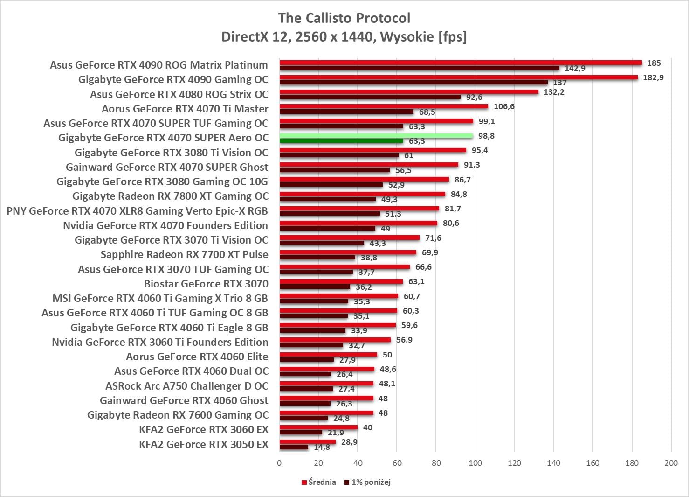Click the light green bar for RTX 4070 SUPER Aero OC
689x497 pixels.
[x=376, y=136]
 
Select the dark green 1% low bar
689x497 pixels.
[x=341, y=141]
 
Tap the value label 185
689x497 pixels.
[x=654, y=63]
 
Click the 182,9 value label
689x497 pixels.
[x=653, y=77]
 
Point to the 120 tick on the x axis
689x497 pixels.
[x=514, y=463]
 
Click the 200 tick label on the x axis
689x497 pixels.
[x=671, y=463]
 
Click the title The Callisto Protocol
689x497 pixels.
[x=344, y=18]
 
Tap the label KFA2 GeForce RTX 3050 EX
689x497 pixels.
[x=204, y=444]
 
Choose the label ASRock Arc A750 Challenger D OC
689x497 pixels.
[x=187, y=386]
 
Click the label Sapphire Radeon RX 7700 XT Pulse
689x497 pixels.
[x=185, y=254]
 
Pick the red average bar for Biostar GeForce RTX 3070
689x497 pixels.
[x=341, y=281]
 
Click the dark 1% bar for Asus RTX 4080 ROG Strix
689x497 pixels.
[x=370, y=97]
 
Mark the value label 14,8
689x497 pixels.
[x=322, y=447]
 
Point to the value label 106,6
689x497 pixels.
[x=504, y=106]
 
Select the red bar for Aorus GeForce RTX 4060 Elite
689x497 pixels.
[x=328, y=355]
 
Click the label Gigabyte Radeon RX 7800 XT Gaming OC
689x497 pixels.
[x=170, y=196]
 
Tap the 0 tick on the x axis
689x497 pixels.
[x=279, y=463]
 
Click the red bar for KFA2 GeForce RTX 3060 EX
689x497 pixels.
[x=318, y=427]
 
